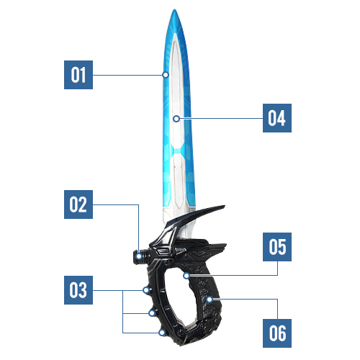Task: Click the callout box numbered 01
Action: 78,75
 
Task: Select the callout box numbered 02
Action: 78,204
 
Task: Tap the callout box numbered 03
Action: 78,290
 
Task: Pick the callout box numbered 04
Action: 277,118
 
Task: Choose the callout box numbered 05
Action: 277,247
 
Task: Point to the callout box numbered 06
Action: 277,333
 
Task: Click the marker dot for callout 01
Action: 166,75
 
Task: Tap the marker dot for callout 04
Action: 176,119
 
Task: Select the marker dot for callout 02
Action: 139,256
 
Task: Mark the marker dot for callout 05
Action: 186,276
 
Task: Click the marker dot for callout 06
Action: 210,300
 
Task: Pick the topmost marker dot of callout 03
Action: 145,290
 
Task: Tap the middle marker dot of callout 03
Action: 152,313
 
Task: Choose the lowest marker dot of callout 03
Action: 162,333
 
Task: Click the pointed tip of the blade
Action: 175,9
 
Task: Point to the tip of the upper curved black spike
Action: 225,206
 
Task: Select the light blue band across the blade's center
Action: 178,151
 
